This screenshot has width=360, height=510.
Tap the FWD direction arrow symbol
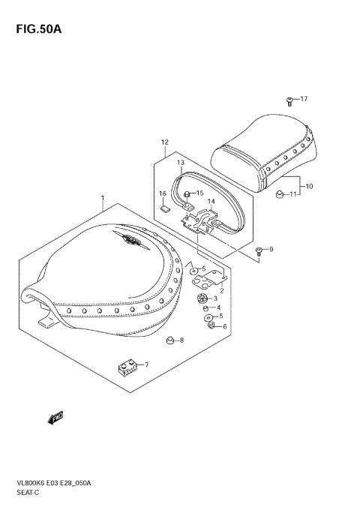[55, 417]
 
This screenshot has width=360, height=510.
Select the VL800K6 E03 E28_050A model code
[63, 484]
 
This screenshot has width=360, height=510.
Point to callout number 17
[304, 99]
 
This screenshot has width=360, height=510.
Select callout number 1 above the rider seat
[102, 199]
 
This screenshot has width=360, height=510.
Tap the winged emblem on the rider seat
[129, 241]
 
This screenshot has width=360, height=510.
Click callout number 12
[164, 142]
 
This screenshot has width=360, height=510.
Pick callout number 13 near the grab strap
[181, 163]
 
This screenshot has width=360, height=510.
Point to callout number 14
[211, 201]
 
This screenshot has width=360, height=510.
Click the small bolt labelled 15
[188, 193]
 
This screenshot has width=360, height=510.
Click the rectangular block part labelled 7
[128, 367]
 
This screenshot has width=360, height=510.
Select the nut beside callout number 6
[209, 326]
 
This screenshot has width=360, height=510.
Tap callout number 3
[215, 298]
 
